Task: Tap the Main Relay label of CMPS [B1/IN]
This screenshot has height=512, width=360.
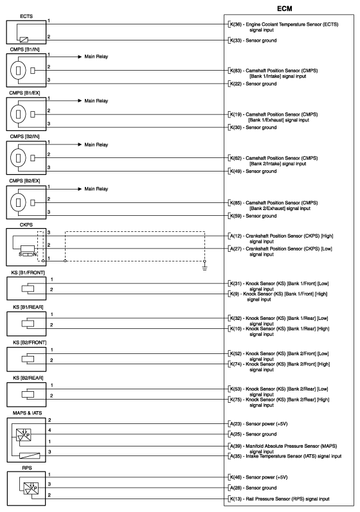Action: (96, 57)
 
